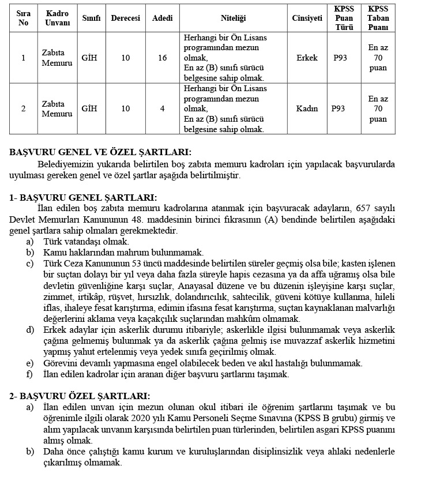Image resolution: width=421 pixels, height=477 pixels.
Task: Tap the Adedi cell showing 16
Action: click(x=162, y=58)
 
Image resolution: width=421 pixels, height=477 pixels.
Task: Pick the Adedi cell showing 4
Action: click(x=162, y=108)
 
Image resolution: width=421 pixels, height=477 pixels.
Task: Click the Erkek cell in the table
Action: click(x=307, y=58)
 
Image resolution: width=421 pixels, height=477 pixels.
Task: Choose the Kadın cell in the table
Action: click(x=307, y=108)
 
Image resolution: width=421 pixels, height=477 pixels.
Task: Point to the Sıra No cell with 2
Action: click(x=23, y=108)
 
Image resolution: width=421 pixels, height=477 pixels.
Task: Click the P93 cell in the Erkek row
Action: click(x=339, y=58)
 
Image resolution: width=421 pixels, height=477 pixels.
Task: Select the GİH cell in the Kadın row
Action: click(x=89, y=108)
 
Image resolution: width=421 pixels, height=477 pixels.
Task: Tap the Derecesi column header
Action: click(x=126, y=18)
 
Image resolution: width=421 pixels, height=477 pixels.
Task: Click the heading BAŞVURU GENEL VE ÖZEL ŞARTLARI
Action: click(x=100, y=152)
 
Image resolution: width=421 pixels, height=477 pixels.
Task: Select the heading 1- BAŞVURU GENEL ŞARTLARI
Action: click(x=82, y=197)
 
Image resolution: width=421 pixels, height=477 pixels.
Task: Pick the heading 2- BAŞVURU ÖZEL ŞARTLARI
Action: click(x=80, y=396)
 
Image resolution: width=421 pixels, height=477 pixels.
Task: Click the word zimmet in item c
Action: click(x=57, y=297)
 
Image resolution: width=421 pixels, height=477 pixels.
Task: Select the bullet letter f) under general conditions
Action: click(x=29, y=374)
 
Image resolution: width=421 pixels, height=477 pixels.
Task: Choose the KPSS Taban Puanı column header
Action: click(x=378, y=18)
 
